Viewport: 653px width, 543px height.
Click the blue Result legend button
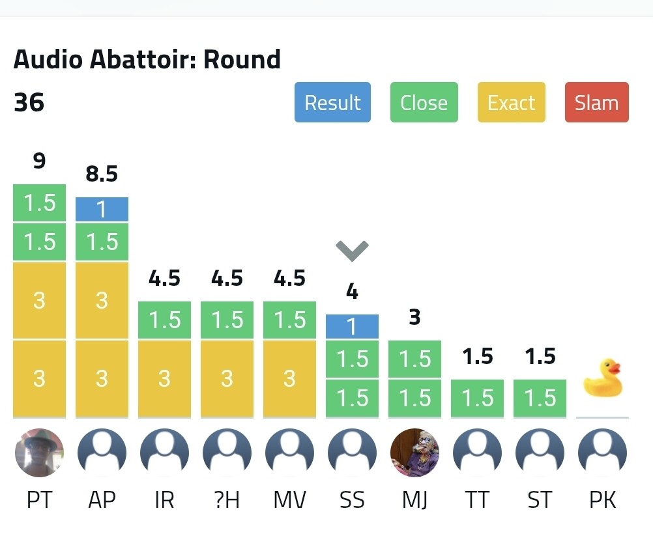click(332, 102)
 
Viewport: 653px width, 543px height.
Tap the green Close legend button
click(424, 102)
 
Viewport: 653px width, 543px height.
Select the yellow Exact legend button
click(511, 102)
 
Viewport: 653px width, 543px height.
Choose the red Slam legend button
click(596, 102)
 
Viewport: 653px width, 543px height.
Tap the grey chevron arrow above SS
click(352, 249)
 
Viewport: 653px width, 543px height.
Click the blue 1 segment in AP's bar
click(102, 210)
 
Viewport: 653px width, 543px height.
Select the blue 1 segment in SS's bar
click(352, 326)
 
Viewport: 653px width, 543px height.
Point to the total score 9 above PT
click(39, 161)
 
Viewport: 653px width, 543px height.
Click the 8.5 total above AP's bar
click(102, 174)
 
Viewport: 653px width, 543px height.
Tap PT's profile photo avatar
click(39, 452)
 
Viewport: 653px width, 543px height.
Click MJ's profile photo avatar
click(414, 452)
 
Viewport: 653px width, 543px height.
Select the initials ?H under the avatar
click(227, 500)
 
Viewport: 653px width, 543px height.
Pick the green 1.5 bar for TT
click(477, 398)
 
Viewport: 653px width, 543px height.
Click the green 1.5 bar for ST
click(540, 398)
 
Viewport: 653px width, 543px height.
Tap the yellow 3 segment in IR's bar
click(164, 378)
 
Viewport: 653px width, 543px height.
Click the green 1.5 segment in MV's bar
click(289, 320)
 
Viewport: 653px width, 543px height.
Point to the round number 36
click(29, 102)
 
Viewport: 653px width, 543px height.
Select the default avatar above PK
click(602, 452)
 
